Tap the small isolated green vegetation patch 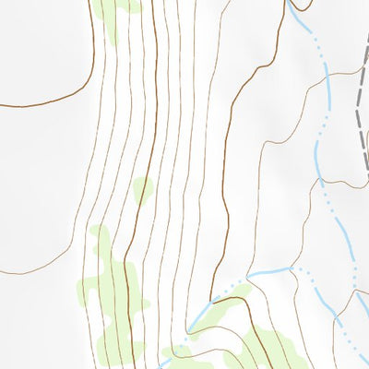142,190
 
